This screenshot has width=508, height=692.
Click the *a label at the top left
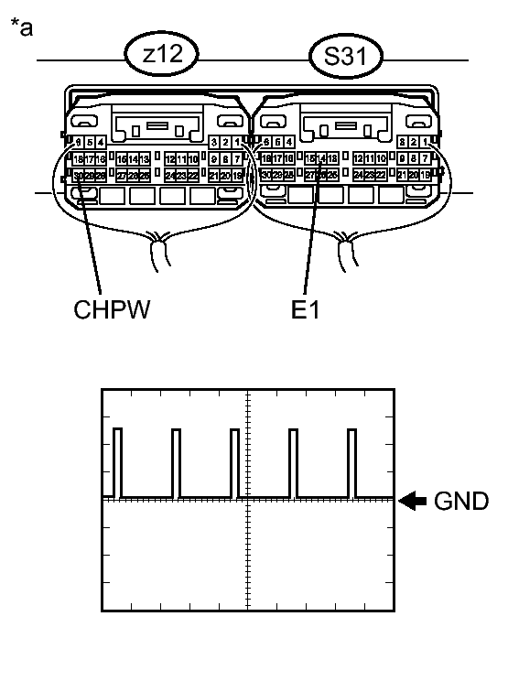[23, 28]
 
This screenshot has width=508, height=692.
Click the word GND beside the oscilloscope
[462, 501]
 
